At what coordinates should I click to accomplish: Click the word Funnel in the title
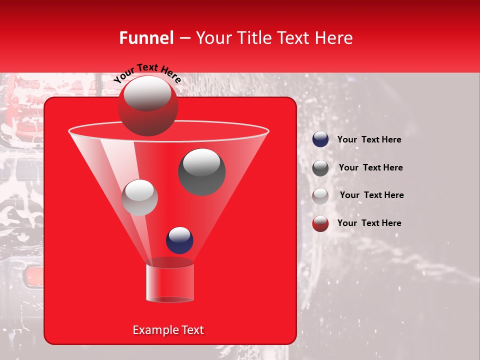pyautogui.click(x=146, y=38)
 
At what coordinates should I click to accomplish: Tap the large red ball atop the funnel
pyautogui.click(x=147, y=105)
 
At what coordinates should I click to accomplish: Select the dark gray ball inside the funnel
pyautogui.click(x=201, y=171)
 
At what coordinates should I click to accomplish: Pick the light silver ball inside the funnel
pyautogui.click(x=139, y=197)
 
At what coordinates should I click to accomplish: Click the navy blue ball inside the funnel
pyautogui.click(x=179, y=240)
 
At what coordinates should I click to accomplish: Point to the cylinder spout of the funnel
pyautogui.click(x=170, y=283)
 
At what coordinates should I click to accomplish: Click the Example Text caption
pyautogui.click(x=168, y=330)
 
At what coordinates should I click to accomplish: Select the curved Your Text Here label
pyautogui.click(x=147, y=72)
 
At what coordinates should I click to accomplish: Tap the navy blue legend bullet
pyautogui.click(x=320, y=139)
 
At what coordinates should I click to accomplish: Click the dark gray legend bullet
pyautogui.click(x=320, y=168)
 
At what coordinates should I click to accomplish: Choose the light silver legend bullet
pyautogui.click(x=320, y=195)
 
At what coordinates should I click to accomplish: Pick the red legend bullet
pyautogui.click(x=320, y=223)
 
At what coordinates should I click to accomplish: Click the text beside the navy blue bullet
pyautogui.click(x=369, y=139)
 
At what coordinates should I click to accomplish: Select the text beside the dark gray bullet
pyautogui.click(x=370, y=167)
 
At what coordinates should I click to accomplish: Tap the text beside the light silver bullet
pyautogui.click(x=371, y=195)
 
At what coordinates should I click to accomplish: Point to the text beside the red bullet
pyautogui.click(x=369, y=223)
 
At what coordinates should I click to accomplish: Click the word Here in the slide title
pyautogui.click(x=334, y=38)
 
